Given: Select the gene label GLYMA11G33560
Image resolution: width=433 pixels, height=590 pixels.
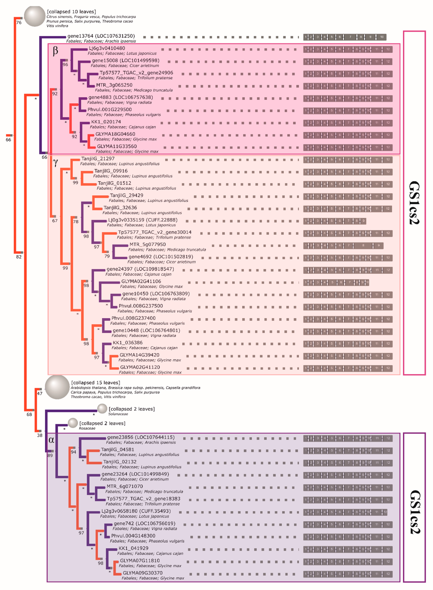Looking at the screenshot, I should (117, 146).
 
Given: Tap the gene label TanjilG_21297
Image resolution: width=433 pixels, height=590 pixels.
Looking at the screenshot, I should (98, 159).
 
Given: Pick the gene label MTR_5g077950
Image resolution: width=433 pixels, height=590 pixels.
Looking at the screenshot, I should (148, 244).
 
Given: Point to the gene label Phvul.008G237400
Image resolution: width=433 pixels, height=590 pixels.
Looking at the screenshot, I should (133, 318).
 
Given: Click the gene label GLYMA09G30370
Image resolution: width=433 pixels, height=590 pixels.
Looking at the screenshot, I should (143, 573).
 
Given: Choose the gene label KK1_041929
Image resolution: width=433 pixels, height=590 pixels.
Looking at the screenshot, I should (133, 548).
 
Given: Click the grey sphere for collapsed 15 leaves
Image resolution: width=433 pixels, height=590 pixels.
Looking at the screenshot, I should (57, 387).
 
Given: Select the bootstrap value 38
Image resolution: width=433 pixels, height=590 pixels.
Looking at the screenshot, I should (40, 435).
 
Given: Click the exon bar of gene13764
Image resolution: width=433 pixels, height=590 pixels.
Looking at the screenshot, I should (345, 37).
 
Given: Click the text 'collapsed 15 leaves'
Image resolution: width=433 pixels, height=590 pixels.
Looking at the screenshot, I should (96, 383).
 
